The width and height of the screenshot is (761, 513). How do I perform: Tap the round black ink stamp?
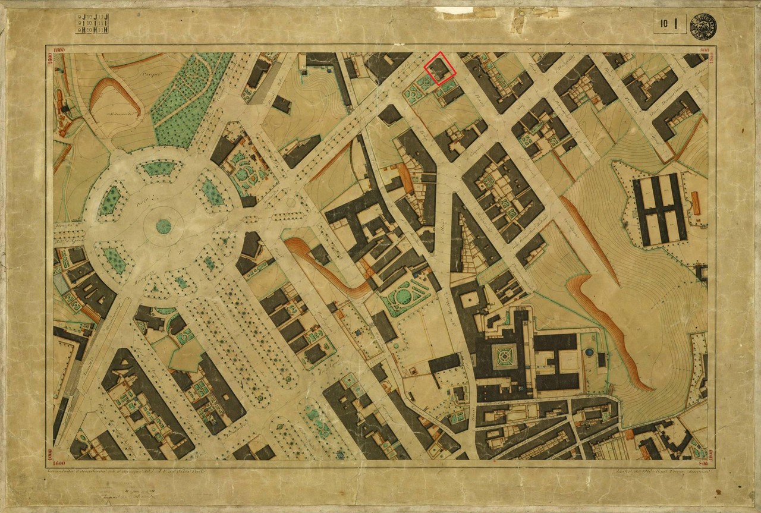pyautogui.click(x=703, y=26)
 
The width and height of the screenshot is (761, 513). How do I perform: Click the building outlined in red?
pyautogui.click(x=440, y=68)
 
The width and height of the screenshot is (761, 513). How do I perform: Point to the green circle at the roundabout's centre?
pyautogui.click(x=163, y=226)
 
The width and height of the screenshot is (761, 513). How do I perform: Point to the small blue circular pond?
pyautogui.click(x=589, y=353)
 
